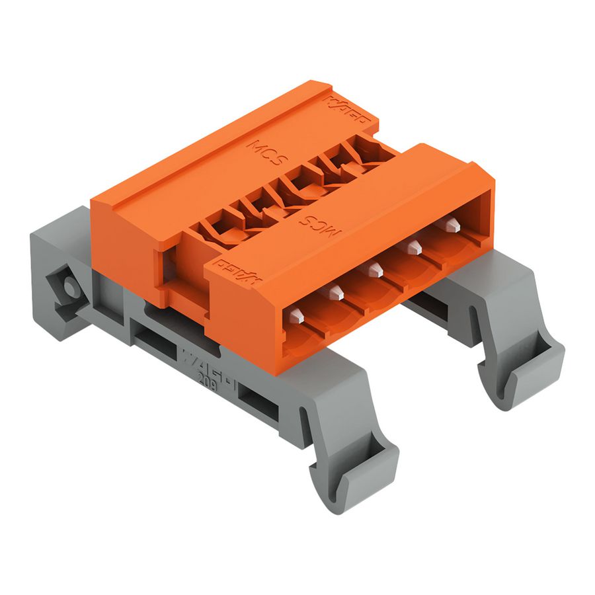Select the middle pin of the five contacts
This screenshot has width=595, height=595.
(376, 269)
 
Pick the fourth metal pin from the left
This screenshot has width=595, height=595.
(415, 247)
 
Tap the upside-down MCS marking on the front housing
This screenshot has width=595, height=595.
(319, 225)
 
